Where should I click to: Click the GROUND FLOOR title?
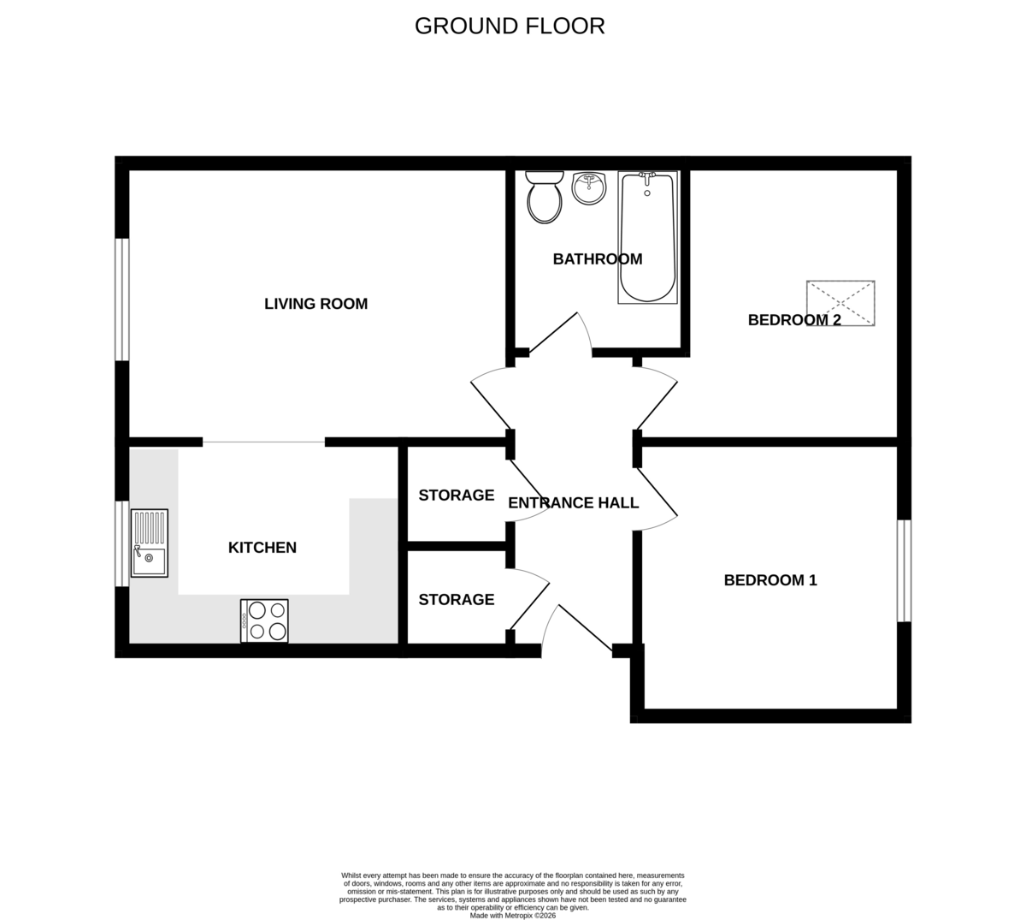pos(510,27)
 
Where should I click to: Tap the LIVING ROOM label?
pos(315,304)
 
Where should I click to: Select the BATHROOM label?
pos(598,259)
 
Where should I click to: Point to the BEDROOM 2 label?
pos(794,320)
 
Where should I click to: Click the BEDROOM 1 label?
pos(770,580)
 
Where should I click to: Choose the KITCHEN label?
pos(262,548)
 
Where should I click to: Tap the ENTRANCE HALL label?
pos(573,503)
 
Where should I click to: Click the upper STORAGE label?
pos(457,496)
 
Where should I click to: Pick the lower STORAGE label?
pos(457,600)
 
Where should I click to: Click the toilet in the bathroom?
pos(545,198)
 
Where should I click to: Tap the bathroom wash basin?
pos(589,188)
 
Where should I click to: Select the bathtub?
pos(647,237)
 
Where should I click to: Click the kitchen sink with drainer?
pos(150,543)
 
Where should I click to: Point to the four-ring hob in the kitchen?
pos(264,621)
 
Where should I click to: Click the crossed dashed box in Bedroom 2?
pos(840,303)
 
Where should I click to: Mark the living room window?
pos(122,300)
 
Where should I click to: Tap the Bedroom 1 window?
pos(904,571)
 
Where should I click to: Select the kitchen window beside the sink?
pos(122,544)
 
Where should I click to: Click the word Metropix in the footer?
pos(518,916)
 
